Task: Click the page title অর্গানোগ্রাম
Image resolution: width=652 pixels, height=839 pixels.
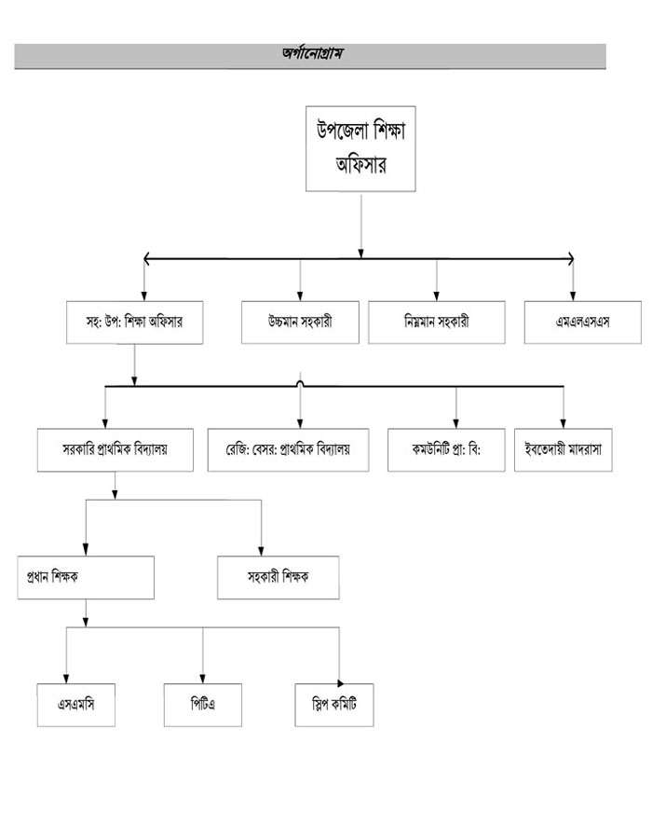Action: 311,56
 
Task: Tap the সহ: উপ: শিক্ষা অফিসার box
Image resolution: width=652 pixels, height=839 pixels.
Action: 135,322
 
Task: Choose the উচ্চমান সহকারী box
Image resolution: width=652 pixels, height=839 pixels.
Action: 300,322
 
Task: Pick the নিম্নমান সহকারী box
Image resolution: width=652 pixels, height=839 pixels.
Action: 437,322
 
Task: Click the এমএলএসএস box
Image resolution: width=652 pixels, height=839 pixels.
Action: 582,322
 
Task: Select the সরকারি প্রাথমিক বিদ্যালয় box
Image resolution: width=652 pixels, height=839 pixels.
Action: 115,449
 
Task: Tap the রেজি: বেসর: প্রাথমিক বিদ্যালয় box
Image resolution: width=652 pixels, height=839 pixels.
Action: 286,449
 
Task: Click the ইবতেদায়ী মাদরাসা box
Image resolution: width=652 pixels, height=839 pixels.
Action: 563,449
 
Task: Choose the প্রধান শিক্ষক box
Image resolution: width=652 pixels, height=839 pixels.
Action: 86,577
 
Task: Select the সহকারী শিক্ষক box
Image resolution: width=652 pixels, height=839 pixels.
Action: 278,577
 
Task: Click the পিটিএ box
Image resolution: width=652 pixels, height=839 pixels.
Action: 203,706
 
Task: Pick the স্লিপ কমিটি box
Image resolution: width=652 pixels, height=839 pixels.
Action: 333,706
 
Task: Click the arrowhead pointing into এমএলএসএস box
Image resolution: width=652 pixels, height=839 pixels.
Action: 573,296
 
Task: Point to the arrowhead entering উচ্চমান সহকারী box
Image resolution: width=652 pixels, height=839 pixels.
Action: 300,296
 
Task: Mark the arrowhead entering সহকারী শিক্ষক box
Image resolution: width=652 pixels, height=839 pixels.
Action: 261,551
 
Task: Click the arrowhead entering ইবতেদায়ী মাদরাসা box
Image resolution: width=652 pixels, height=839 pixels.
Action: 564,422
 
